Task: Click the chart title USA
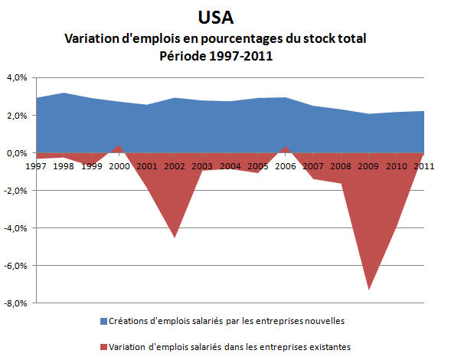[225, 16]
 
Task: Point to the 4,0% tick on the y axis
[16, 77]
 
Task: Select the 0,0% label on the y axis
[16, 153]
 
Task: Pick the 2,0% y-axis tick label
[16, 116]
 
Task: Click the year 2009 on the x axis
[368, 165]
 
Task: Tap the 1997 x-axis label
[35, 165]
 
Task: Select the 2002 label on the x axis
[174, 165]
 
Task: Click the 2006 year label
[285, 165]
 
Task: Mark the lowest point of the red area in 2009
[368, 290]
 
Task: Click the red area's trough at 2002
[174, 237]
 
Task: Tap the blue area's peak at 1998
[63, 93]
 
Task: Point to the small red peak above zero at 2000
[118, 146]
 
